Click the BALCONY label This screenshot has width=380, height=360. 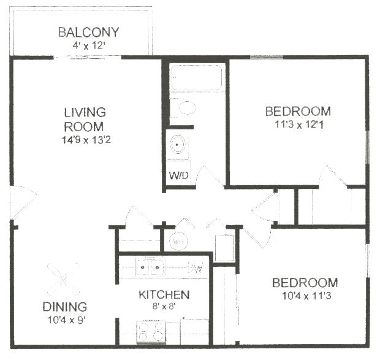(88, 33)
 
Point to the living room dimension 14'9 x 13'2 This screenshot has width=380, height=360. (85, 140)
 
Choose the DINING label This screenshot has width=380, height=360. (64, 307)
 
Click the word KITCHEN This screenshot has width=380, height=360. (163, 295)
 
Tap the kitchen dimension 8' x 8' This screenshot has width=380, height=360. (163, 307)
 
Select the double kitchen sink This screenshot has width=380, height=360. (149, 267)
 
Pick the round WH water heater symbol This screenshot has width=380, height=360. (178, 241)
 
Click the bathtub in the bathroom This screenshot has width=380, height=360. (197, 79)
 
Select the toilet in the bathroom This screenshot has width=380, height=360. (183, 109)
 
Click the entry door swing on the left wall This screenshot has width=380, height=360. (23, 201)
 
